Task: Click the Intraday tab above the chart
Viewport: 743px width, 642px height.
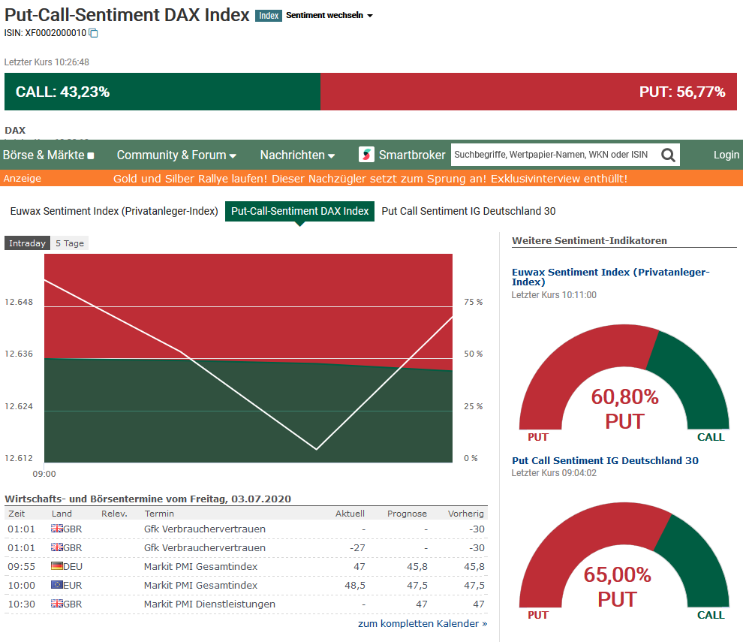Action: coord(27,243)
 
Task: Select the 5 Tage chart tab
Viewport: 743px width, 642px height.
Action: coord(70,243)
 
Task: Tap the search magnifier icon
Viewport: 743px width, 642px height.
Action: coord(667,155)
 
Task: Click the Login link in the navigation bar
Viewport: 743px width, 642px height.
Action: coord(726,155)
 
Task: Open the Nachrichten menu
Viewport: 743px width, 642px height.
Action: coord(297,155)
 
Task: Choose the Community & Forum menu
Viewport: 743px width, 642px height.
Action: coord(176,155)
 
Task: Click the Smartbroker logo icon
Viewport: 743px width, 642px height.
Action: coord(366,155)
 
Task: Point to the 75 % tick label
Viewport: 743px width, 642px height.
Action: coord(474,302)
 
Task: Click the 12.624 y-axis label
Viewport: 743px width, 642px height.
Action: coord(19,407)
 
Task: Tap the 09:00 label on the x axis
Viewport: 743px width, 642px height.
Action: coord(44,474)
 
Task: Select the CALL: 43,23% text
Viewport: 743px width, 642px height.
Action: coord(63,92)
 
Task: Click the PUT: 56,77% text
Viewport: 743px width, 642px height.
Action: coord(681,92)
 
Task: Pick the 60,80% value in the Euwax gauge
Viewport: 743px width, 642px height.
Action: coord(624,396)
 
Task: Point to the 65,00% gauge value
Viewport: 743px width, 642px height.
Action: coord(618,575)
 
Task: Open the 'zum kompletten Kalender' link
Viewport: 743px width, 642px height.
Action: coord(423,623)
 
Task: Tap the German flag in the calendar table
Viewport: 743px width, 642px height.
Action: coord(57,566)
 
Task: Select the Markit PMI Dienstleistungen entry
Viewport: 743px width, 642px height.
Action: coord(209,604)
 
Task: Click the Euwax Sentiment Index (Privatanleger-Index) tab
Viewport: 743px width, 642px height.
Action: coord(114,211)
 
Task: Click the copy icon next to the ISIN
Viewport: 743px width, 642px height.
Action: coord(93,33)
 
